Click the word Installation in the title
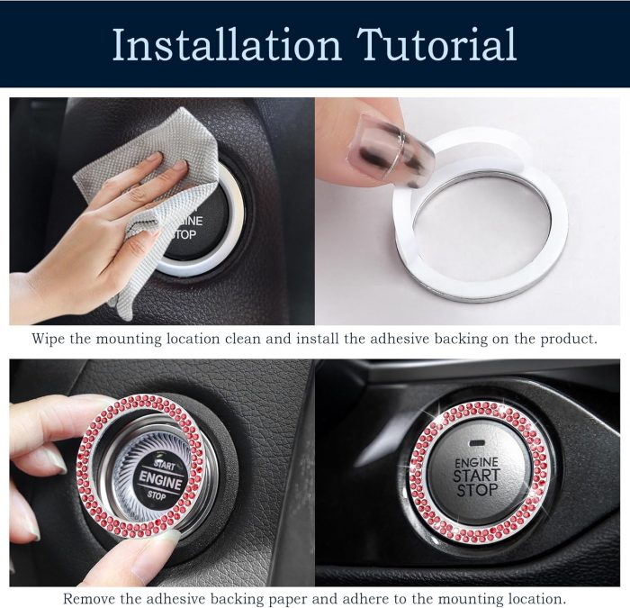226,44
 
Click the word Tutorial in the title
436,44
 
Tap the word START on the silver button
476,476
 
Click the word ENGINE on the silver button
476,462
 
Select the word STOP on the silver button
477,490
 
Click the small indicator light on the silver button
477,443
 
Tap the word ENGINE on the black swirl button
160,481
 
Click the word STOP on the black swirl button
157,495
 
